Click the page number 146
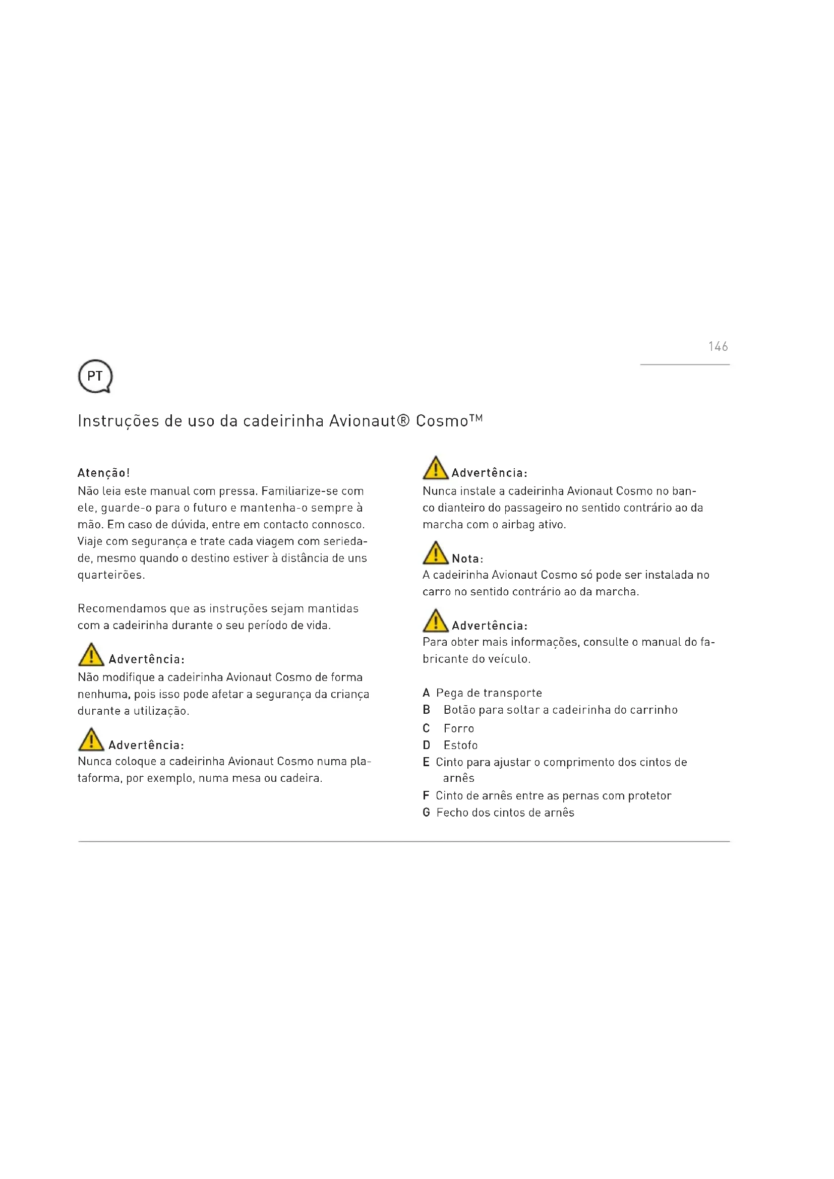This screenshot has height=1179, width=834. coord(718,347)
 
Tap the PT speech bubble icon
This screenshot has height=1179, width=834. coord(95,377)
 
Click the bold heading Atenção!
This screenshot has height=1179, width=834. coord(104,473)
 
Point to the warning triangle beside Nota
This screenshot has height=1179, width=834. coord(436,553)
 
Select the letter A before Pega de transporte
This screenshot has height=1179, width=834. coord(426,693)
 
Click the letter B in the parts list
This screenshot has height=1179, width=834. coord(426,710)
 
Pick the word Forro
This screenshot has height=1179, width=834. coord(458,729)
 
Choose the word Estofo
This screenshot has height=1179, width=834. coord(461,746)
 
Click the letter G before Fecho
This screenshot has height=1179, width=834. coord(426,813)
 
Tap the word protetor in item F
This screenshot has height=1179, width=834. coord(649,796)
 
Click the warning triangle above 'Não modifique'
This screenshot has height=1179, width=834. coord(91,655)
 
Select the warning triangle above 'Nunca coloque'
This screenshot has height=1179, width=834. coord(91,739)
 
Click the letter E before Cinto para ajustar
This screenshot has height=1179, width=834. coord(426,763)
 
